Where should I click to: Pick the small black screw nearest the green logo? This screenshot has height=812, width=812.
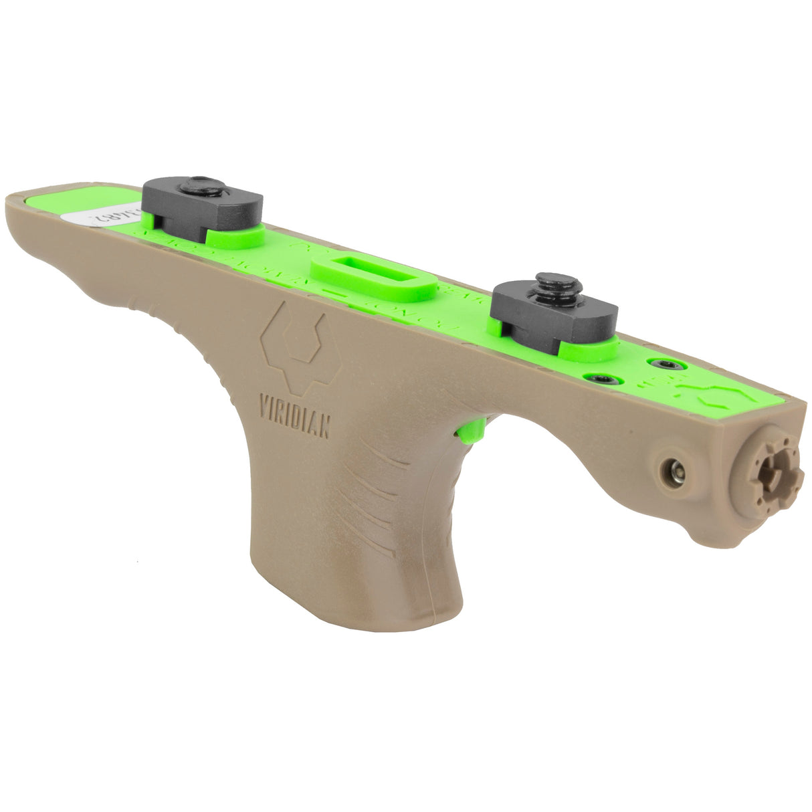(x=668, y=365)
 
